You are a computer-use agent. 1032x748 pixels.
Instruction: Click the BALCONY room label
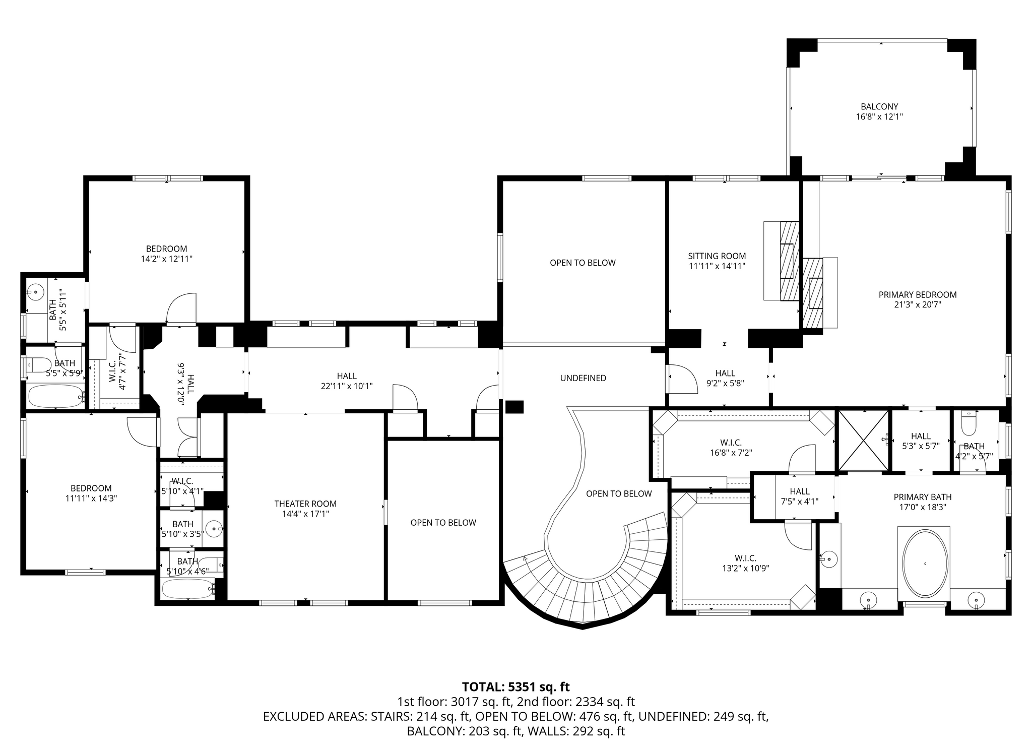[879, 107]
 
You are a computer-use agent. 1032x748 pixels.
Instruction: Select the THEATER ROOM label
[305, 504]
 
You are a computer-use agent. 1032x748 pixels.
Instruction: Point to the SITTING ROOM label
[717, 256]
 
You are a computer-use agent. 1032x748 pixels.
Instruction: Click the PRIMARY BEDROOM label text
[918, 295]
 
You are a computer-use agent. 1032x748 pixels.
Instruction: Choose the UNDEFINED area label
[583, 378]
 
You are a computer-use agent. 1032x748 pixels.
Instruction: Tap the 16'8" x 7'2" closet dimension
[731, 453]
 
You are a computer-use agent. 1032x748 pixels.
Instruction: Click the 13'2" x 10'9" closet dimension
[745, 568]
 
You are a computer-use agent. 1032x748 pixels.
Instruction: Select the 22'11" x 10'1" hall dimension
[347, 386]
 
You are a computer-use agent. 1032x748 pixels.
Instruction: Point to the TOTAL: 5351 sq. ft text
[516, 687]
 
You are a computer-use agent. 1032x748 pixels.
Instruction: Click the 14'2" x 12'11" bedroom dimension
[167, 259]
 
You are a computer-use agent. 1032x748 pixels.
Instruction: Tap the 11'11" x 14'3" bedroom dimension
[91, 498]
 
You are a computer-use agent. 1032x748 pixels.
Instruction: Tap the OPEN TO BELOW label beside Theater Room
[443, 523]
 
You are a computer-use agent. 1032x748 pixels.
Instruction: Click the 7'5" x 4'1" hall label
[800, 496]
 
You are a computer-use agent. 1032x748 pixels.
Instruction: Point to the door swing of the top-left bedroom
[181, 308]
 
